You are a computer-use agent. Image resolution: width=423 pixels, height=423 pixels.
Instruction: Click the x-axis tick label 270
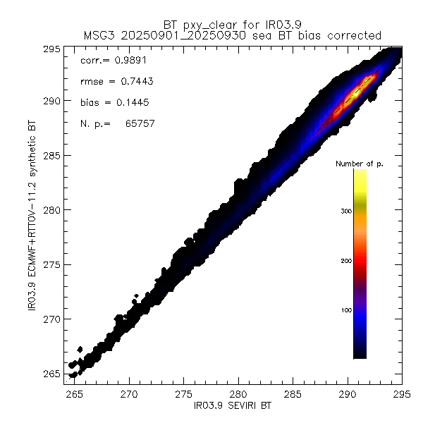click(129, 395)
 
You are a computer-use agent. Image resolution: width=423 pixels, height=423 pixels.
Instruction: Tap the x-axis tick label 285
click(293, 395)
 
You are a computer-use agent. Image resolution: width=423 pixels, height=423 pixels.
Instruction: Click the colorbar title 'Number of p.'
click(359, 164)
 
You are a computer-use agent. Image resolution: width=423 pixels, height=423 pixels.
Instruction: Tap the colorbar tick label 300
click(345, 211)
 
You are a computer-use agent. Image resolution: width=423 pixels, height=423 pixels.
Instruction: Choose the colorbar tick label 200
click(345, 261)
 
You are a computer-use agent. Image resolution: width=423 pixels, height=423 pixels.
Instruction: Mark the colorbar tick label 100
click(345, 310)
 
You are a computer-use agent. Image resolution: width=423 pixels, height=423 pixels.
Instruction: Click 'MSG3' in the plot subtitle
click(97, 35)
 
